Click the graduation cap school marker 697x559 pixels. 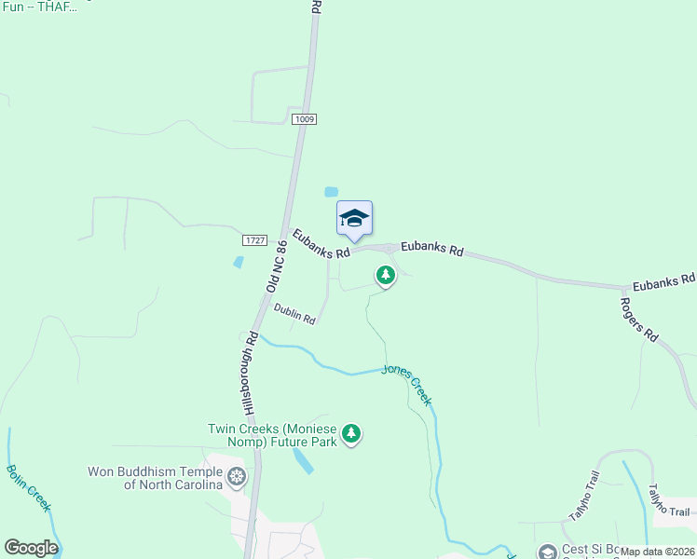pos(354,219)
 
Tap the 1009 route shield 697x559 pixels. pos(304,119)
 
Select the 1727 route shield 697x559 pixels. pos(254,240)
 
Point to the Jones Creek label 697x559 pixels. pos(407,384)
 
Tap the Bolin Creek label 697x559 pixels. pos(29,488)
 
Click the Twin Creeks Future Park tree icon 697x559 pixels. pos(351,433)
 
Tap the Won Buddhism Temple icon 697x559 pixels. pos(237,478)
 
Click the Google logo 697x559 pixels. pos(31,548)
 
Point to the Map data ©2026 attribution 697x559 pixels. pos(658,552)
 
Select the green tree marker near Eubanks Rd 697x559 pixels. pos(385,275)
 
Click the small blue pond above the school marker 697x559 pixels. pos(331,192)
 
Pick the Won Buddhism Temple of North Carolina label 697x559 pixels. pos(156,478)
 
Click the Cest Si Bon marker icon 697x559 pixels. pos(548,553)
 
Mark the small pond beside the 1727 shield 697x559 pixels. pos(239,263)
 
